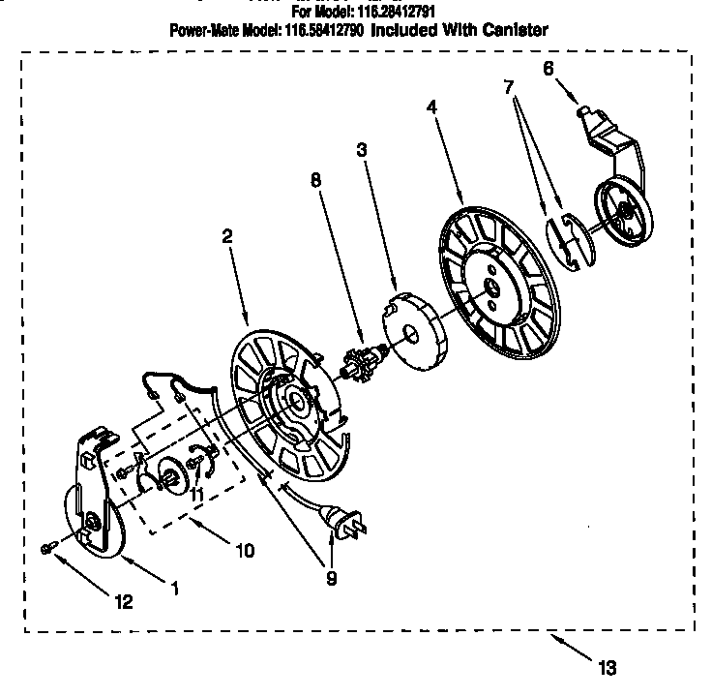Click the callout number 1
click(x=175, y=586)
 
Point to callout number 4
click(x=431, y=106)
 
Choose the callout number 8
click(x=314, y=179)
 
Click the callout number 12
click(x=123, y=601)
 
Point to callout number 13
click(x=606, y=666)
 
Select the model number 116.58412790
click(x=321, y=30)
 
